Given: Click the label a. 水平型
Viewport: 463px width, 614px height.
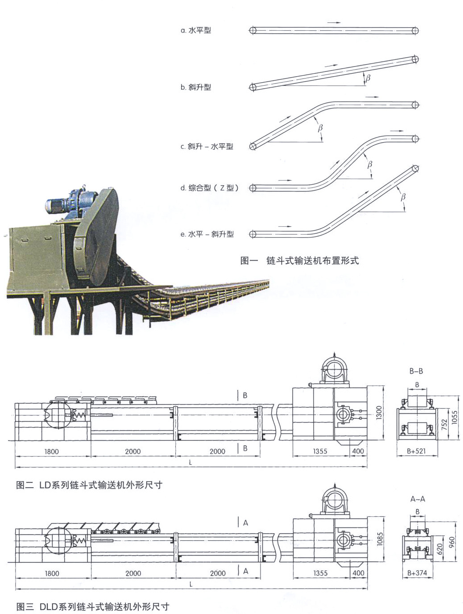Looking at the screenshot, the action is tap(196, 30).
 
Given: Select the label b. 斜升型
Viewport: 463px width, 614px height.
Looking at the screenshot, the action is tap(196, 87).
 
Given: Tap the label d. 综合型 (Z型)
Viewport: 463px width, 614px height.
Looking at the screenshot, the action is tap(210, 188).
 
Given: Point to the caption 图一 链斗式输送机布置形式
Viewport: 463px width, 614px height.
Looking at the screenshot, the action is tap(299, 261).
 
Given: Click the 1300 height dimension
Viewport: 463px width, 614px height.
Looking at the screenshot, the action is tap(379, 412).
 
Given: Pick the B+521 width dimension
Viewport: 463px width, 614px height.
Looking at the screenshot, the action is tap(416, 451).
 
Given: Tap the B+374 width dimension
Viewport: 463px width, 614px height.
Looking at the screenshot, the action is tap(417, 573).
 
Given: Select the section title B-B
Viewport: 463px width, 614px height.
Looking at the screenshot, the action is tap(416, 371).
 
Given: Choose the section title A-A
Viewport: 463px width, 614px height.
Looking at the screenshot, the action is tap(418, 499).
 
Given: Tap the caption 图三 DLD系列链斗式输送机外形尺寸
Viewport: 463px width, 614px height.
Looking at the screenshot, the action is tap(93, 606).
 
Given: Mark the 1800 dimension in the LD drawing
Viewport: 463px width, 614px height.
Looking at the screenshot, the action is tap(52, 452).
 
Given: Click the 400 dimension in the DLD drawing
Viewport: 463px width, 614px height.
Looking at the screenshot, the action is tap(358, 573).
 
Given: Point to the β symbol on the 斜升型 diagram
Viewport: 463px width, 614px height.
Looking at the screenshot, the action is tap(368, 78).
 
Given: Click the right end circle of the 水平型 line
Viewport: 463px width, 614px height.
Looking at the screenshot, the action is tap(415, 30).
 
